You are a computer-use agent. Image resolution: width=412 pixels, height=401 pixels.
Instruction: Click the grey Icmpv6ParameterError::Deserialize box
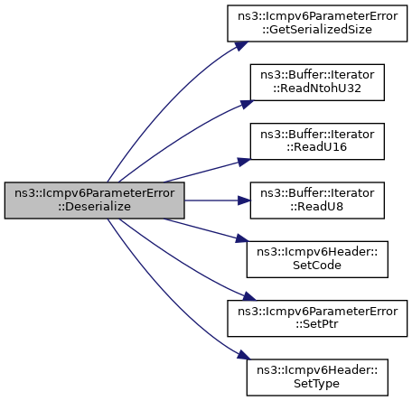pyautogui.click(x=94, y=200)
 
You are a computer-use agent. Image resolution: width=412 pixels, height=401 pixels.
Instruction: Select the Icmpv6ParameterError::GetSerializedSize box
pyautogui.click(x=317, y=23)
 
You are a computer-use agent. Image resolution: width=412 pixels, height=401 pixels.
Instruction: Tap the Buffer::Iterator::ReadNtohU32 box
pyautogui.click(x=317, y=82)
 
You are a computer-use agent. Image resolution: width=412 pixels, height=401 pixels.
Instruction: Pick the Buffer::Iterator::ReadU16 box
pyautogui.click(x=317, y=141)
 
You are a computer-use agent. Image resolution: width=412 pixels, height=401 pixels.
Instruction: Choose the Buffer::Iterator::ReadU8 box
pyautogui.click(x=317, y=200)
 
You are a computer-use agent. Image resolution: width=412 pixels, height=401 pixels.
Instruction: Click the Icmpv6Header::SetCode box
pyautogui.click(x=317, y=259)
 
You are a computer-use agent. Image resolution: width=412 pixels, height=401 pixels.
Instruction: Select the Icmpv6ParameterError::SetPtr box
pyautogui.click(x=317, y=318)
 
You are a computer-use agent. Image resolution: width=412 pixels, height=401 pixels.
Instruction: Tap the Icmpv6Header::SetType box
pyautogui.click(x=317, y=378)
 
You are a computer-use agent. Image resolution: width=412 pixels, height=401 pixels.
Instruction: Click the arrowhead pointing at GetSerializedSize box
pyautogui.click(x=242, y=46)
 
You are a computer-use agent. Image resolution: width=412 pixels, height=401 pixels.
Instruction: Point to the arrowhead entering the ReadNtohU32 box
pyautogui.click(x=247, y=104)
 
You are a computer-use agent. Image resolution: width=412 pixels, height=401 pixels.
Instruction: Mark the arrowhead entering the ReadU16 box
pyautogui.click(x=244, y=162)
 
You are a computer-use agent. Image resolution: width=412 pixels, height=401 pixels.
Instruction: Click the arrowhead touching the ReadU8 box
pyautogui.click(x=244, y=200)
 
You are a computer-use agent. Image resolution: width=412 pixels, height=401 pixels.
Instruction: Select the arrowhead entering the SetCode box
pyautogui.click(x=242, y=238)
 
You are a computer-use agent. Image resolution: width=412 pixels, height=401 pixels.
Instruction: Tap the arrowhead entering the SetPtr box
pyautogui.click(x=249, y=296)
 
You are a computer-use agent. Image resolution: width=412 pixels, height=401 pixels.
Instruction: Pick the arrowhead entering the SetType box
pyautogui.click(x=244, y=355)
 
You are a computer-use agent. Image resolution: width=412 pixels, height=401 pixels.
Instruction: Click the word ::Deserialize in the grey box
pyautogui.click(x=94, y=207)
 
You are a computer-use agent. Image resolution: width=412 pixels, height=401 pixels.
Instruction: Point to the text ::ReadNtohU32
pyautogui.click(x=317, y=89)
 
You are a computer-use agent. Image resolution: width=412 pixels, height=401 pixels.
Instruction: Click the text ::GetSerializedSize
pyautogui.click(x=317, y=30)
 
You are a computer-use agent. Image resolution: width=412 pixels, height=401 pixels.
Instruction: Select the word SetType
pyautogui.click(x=316, y=384)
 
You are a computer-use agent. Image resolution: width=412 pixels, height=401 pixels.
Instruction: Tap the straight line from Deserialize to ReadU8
pyautogui.click(x=211, y=200)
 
